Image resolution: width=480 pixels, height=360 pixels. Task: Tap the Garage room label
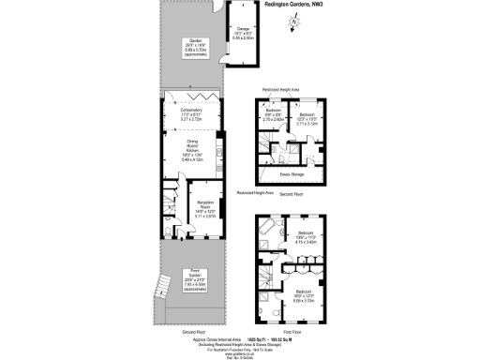[242, 33]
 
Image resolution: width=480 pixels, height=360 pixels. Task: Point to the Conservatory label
[191, 115]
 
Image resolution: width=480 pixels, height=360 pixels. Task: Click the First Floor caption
[292, 331]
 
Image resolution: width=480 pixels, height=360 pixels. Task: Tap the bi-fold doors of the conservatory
[191, 95]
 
